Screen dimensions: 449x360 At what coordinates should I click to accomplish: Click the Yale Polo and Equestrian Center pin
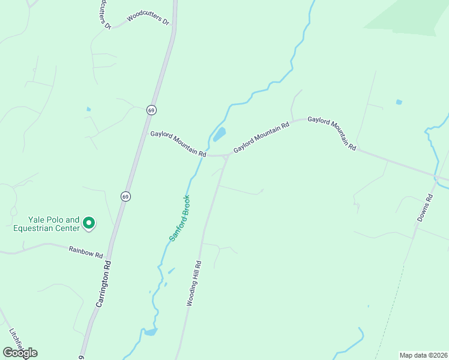(x=88, y=224)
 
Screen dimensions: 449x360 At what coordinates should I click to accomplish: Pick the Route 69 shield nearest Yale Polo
(x=125, y=196)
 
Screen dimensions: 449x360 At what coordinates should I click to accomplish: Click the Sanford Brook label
(x=179, y=218)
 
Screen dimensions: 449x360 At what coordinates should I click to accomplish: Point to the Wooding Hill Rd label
(x=194, y=284)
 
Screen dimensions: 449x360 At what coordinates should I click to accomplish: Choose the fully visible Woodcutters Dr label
(x=148, y=19)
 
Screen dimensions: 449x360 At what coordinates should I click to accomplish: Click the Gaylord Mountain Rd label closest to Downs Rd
(x=333, y=133)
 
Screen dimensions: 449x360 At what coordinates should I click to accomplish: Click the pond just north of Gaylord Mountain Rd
(x=220, y=134)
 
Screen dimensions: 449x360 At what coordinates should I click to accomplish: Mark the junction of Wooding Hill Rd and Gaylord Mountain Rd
(x=226, y=158)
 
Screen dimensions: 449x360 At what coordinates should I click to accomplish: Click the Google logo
(x=20, y=353)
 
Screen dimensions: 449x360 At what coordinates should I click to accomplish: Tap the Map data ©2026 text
(x=423, y=355)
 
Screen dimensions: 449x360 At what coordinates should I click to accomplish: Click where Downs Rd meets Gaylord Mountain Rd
(x=436, y=178)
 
